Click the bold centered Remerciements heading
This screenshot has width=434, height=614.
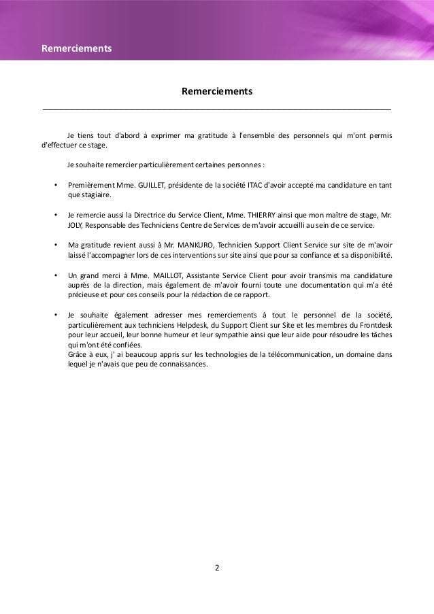(217, 91)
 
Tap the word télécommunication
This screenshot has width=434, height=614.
(299, 354)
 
